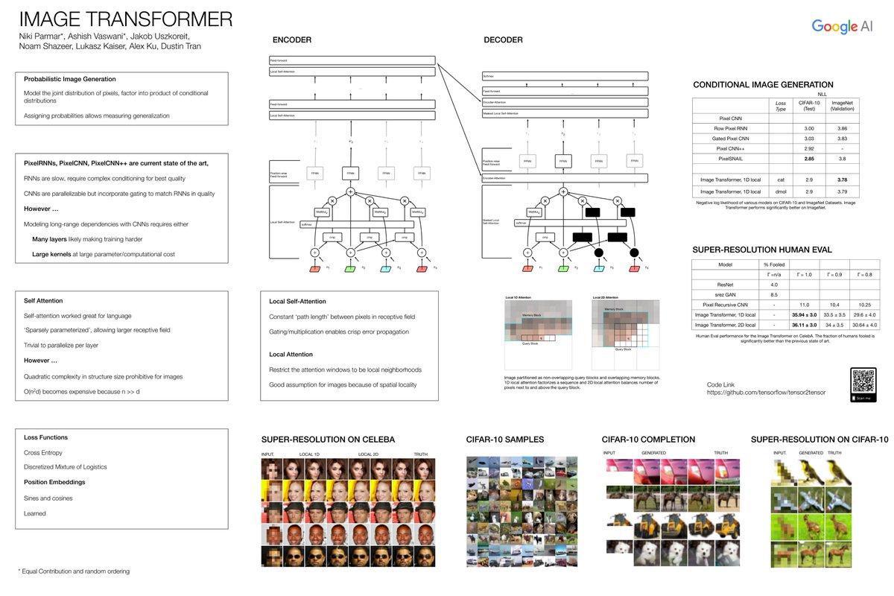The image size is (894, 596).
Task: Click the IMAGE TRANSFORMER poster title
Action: coord(125,19)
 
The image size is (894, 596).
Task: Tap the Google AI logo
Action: coord(843,27)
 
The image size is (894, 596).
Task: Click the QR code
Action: coord(864,381)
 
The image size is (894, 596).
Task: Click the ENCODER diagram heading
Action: coord(292,39)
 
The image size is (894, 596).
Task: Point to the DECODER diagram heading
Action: coord(503,39)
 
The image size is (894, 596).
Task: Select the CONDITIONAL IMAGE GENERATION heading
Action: coord(763,84)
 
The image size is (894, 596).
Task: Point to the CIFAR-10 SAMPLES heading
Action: coord(505,439)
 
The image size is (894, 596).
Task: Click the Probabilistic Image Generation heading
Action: coord(69,79)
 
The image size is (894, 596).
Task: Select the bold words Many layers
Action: coord(51,240)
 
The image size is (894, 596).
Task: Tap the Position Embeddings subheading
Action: coord(55,481)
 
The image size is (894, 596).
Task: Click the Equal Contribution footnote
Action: coord(74,571)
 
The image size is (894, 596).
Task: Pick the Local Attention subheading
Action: coord(291,354)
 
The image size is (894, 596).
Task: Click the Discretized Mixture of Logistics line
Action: coord(65,467)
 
